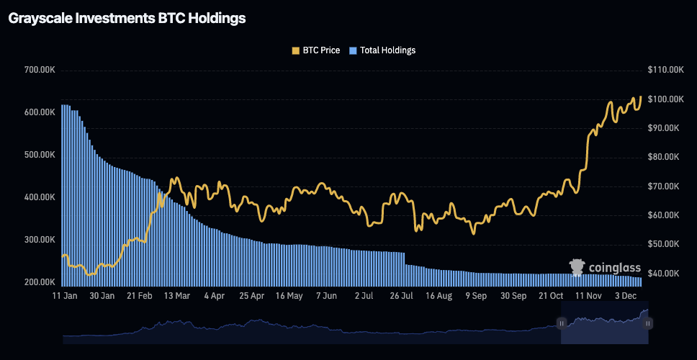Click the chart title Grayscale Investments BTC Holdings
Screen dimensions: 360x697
(x=127, y=19)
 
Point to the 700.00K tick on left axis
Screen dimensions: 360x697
(x=40, y=70)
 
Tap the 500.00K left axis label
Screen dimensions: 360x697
(x=40, y=155)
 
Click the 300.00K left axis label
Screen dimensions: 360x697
(x=40, y=240)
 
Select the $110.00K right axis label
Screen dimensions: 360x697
(x=665, y=70)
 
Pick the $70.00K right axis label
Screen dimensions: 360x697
(x=662, y=186)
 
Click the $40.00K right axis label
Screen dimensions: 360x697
(x=662, y=274)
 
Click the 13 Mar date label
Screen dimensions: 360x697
(x=177, y=296)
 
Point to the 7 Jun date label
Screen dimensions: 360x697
(x=326, y=296)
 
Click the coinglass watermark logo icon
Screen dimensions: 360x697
(x=577, y=268)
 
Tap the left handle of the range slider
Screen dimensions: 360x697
(x=561, y=324)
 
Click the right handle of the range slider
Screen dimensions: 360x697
(x=648, y=324)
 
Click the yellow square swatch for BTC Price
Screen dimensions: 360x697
(x=295, y=50)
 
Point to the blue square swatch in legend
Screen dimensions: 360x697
(x=353, y=50)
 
